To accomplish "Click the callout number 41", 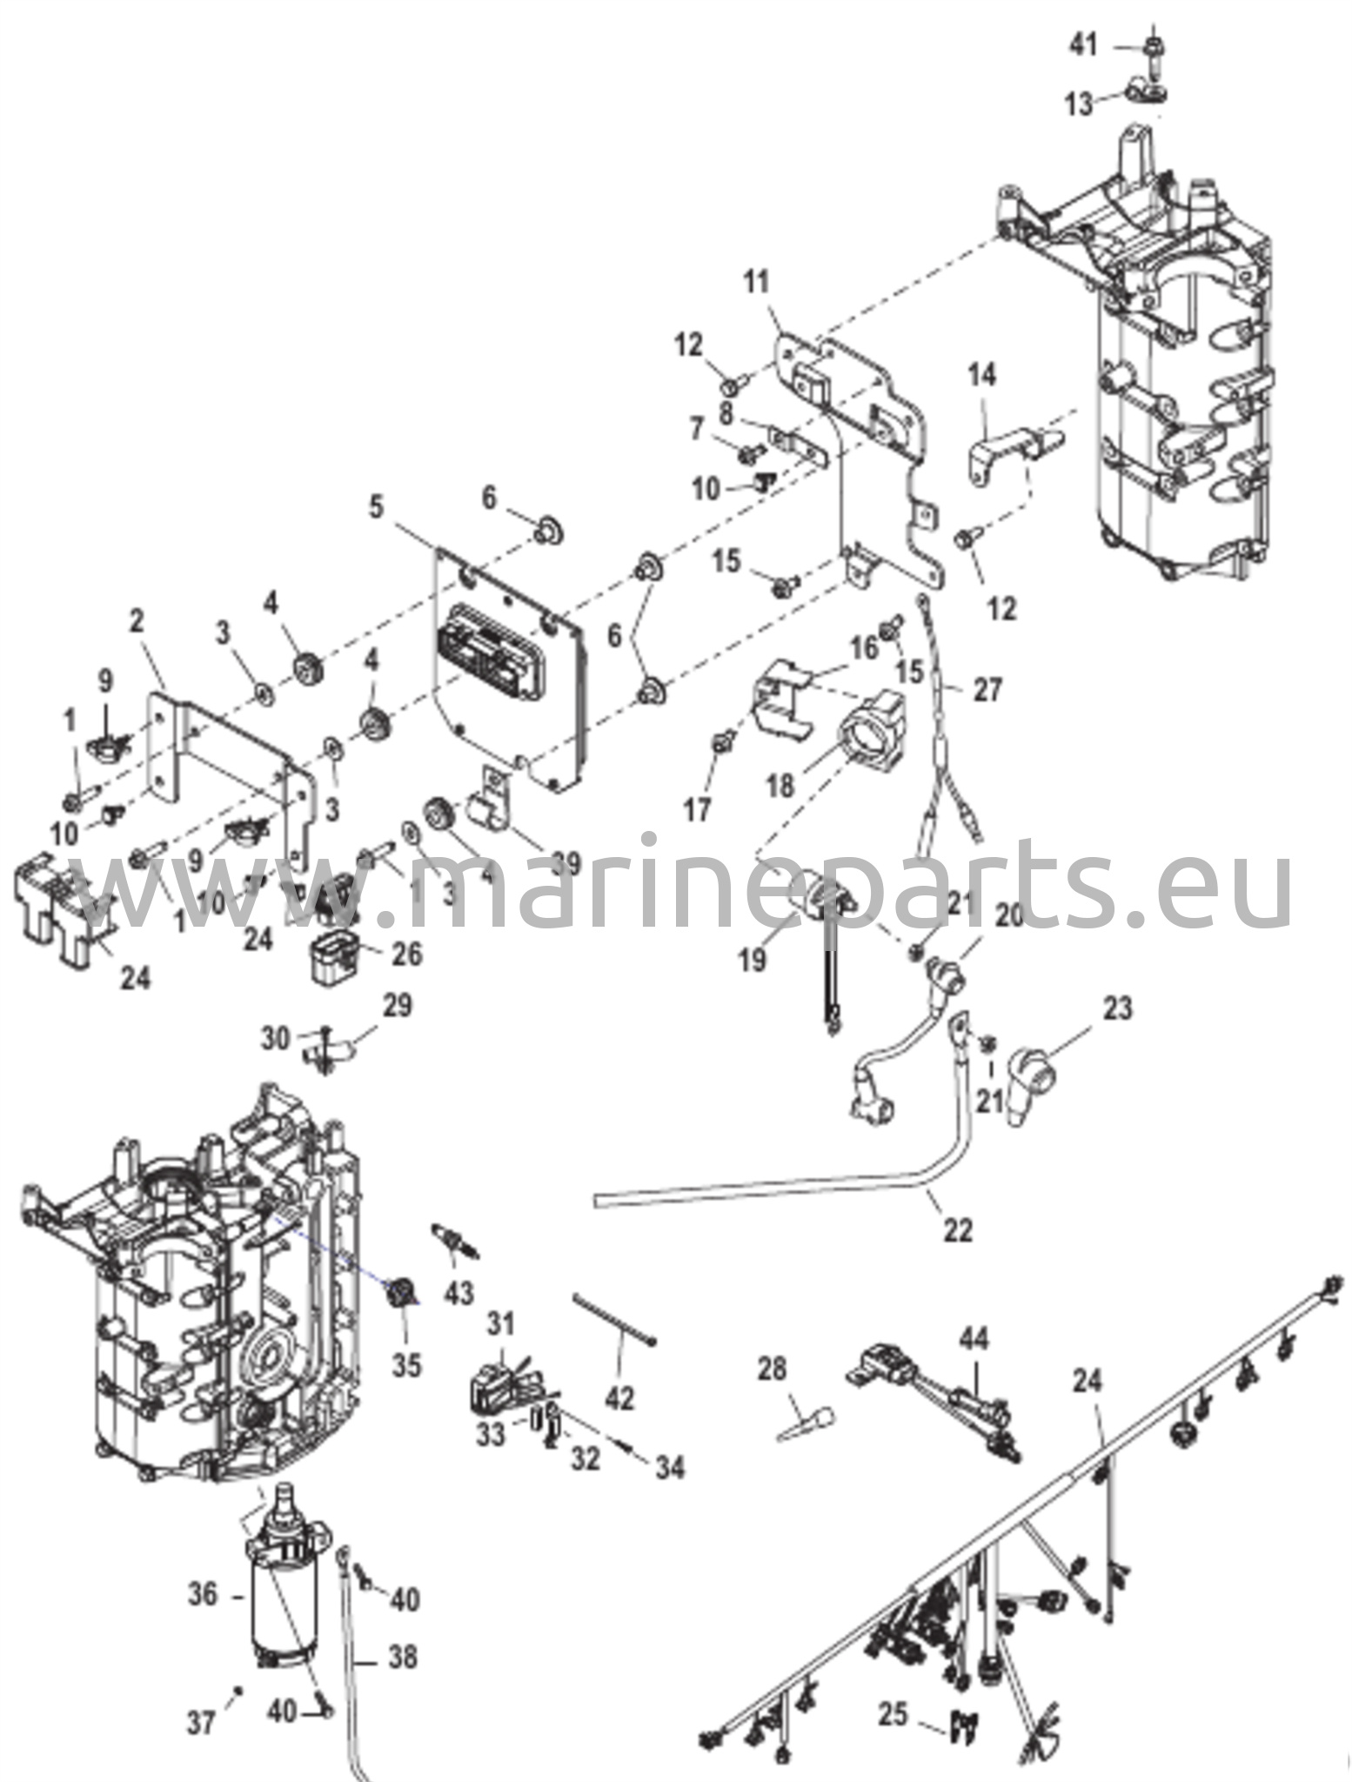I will pos(1083,44).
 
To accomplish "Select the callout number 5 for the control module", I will pos(376,507).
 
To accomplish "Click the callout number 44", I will pos(974,1337).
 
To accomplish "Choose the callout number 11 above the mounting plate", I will pos(757,283).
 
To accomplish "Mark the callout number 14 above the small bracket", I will pos(982,375).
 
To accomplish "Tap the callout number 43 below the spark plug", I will pos(458,1292).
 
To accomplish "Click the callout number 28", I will pos(772,1369).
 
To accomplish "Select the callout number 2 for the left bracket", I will pos(137,621).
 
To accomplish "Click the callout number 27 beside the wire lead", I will pos(987,690).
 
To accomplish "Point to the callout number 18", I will pos(780,785).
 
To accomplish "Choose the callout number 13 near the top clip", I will pos(1079,104).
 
